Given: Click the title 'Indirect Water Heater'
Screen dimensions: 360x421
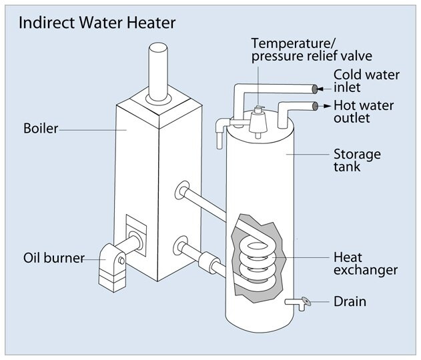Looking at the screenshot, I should [x=97, y=23].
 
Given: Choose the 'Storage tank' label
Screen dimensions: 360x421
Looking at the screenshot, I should [x=357, y=161].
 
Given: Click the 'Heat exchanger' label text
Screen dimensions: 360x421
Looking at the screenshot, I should [x=366, y=263].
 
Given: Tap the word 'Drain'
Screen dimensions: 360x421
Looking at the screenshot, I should [x=350, y=302].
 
